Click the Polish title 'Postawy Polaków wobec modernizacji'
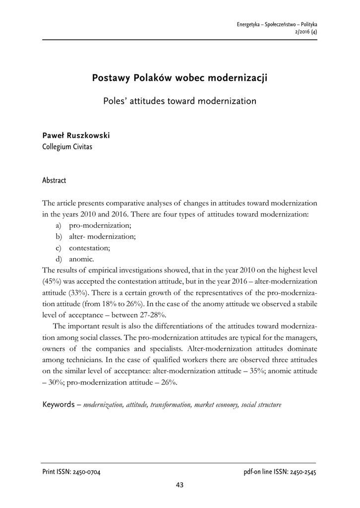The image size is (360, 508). point(180,78)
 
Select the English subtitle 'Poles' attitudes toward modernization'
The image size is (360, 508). point(180,101)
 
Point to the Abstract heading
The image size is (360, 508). point(54,180)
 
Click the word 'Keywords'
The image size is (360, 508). point(59,404)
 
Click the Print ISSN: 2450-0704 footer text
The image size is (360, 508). point(72,472)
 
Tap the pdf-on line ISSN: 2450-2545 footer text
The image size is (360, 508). point(276,472)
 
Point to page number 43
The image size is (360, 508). point(180,485)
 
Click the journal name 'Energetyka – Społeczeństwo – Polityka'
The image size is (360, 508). point(277,24)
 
